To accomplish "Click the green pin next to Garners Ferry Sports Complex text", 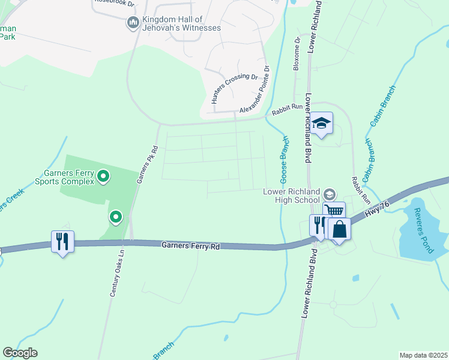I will [x=103, y=176].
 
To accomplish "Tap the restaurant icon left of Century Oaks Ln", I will [x=62, y=241].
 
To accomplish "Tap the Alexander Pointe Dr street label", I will [x=255, y=90].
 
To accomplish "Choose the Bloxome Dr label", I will [x=297, y=55].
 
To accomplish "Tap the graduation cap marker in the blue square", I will [x=322, y=123].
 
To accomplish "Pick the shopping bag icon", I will [x=339, y=229].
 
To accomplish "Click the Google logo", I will [x=20, y=353].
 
